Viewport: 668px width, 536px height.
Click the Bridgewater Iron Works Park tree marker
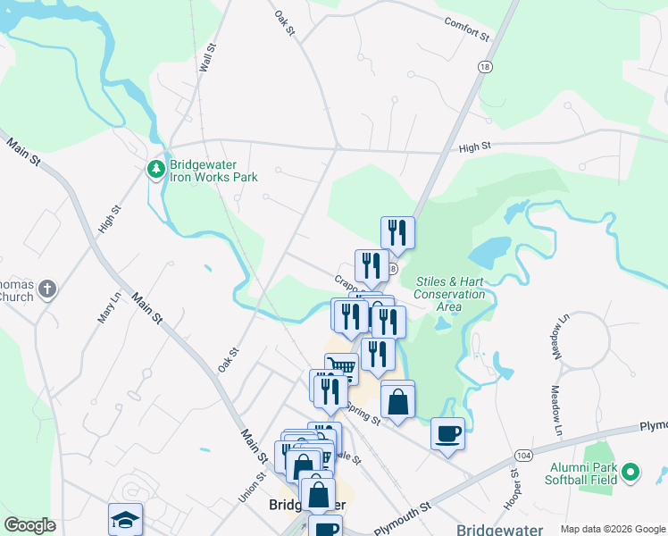(155, 169)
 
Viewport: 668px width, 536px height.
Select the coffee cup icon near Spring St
(447, 434)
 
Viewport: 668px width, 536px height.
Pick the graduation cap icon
(125, 519)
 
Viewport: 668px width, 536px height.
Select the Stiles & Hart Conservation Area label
(450, 294)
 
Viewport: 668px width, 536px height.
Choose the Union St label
(246, 485)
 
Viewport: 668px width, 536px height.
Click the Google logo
(29, 525)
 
